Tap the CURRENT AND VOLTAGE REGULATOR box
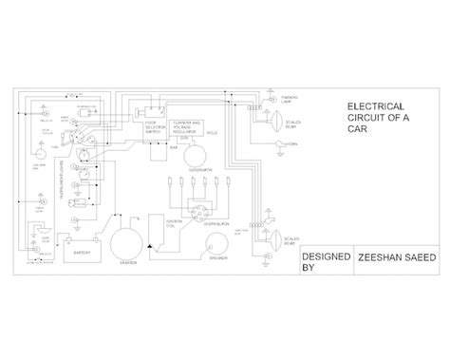(183, 129)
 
